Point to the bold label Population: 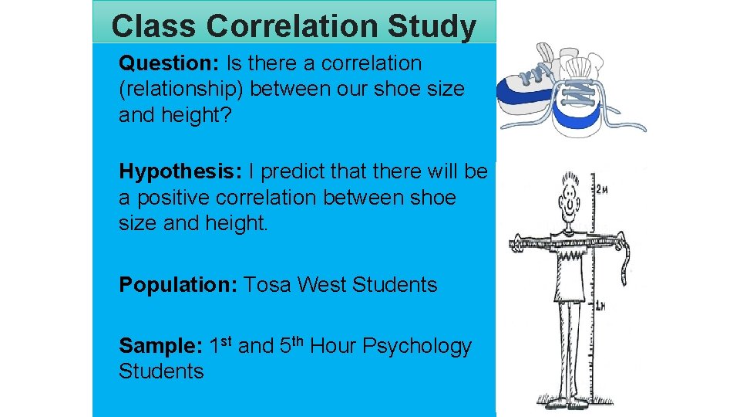pos(177,285)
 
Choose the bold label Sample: pos(160,346)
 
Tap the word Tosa pos(267,285)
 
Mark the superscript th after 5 pos(301,341)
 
